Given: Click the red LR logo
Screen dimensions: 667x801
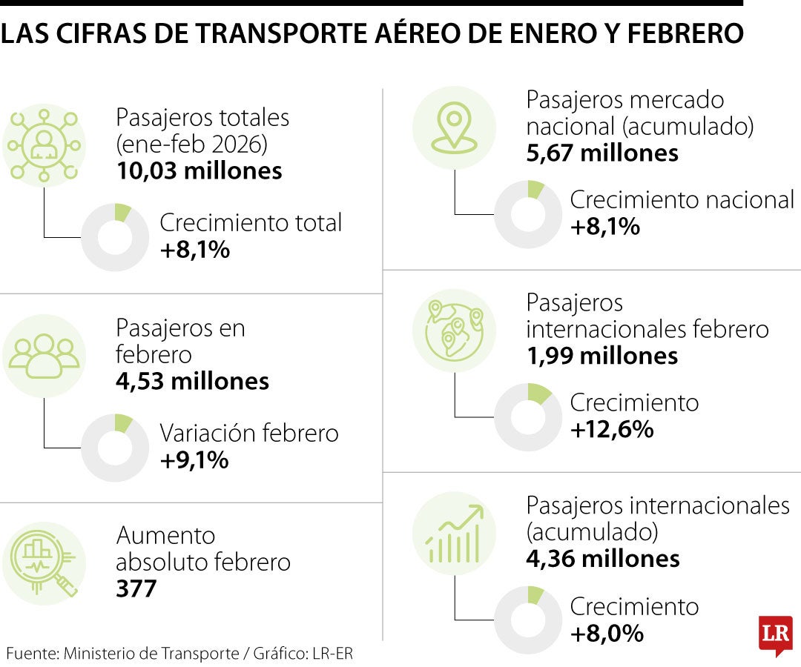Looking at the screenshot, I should point(775,634).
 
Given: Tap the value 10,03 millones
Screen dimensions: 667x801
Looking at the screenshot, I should point(199,171).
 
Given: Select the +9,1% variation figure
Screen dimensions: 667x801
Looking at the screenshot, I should point(194,460).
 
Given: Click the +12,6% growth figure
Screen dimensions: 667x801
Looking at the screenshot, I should point(612,429).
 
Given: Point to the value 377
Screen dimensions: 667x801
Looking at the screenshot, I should point(136,589).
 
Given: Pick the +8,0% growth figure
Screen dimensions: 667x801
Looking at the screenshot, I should point(606,634).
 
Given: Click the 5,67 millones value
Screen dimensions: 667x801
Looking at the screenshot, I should point(602,153).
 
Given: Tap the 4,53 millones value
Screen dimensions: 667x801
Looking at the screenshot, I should point(192,381).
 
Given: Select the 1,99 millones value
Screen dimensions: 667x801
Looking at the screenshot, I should point(602,356).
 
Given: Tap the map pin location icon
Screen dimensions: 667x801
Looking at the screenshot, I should point(454,127).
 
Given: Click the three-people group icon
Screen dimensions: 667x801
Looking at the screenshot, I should point(44,355).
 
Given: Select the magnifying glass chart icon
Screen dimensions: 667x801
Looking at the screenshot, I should point(44,563).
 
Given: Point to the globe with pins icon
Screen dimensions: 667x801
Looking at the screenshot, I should point(454,330).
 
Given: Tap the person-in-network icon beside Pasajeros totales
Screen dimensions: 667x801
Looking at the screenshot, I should point(44,145).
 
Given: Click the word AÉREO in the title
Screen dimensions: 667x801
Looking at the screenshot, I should point(433,33).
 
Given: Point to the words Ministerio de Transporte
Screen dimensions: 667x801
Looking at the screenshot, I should point(151,654).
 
